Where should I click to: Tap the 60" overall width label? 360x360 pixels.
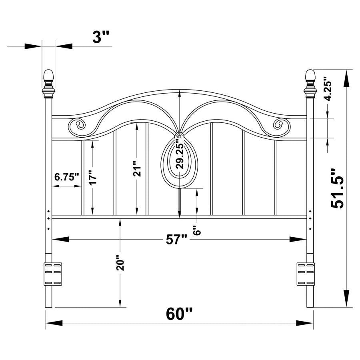click(x=179, y=314)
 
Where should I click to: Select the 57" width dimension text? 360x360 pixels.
click(x=176, y=240)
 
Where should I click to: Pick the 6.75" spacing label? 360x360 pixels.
click(x=66, y=177)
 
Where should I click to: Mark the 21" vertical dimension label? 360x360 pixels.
click(x=137, y=169)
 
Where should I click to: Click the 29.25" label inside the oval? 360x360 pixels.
click(x=180, y=156)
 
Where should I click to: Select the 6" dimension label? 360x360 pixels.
click(x=196, y=231)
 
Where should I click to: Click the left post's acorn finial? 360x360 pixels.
click(x=48, y=76)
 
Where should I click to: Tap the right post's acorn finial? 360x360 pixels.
click(x=310, y=76)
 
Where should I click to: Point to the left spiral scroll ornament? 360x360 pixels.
click(x=78, y=125)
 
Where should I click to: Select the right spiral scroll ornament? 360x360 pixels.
click(x=282, y=125)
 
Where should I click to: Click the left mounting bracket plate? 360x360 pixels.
click(x=53, y=274)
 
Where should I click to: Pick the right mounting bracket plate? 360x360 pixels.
click(x=306, y=274)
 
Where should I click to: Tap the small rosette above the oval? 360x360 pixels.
click(x=179, y=136)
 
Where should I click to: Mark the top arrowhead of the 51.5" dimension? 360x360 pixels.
click(x=346, y=79)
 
